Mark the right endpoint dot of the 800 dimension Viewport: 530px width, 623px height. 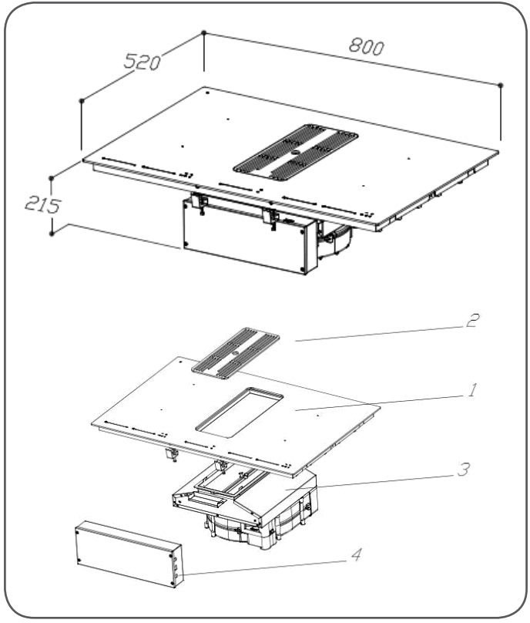[x=501, y=84]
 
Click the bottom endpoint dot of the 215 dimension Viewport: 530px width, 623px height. [x=52, y=231]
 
